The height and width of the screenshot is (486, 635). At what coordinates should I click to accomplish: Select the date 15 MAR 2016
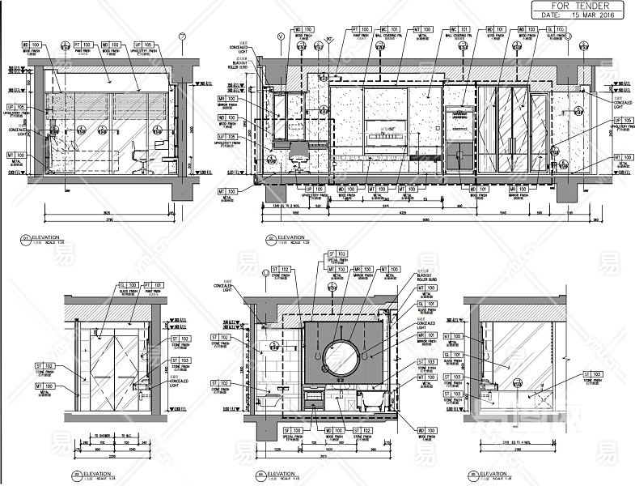(581, 15)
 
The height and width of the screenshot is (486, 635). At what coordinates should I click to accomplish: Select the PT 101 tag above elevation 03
(154, 286)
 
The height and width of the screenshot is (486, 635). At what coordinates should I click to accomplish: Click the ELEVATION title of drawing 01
(48, 238)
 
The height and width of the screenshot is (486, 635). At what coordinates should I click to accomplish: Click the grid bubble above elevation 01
(183, 36)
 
